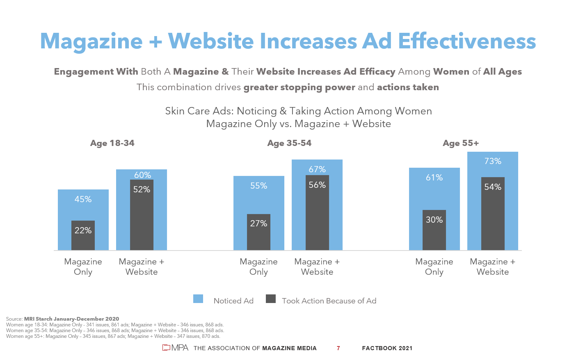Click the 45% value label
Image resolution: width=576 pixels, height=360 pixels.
[x=83, y=199]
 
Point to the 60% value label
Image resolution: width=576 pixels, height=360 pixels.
[x=142, y=175]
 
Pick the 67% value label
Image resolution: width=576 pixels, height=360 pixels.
[x=317, y=169]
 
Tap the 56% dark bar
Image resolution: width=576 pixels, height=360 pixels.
[x=317, y=213]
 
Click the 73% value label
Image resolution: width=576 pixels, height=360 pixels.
[x=493, y=161]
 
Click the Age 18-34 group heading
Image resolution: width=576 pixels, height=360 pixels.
[x=112, y=143]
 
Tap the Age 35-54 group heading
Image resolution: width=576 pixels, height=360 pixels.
[x=289, y=143]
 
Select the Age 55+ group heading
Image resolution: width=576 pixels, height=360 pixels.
[x=461, y=143]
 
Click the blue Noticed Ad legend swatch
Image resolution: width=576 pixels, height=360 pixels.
[x=198, y=299]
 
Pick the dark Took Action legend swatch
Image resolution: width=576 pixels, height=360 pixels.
[x=271, y=299]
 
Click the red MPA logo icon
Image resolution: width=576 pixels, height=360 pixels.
[x=166, y=348]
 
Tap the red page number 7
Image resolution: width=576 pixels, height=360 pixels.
[x=338, y=348]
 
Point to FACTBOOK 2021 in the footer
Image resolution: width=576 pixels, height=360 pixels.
[x=387, y=348]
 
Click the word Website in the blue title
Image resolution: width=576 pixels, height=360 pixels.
[x=211, y=41]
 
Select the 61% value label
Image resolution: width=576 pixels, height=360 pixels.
[x=434, y=178]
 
